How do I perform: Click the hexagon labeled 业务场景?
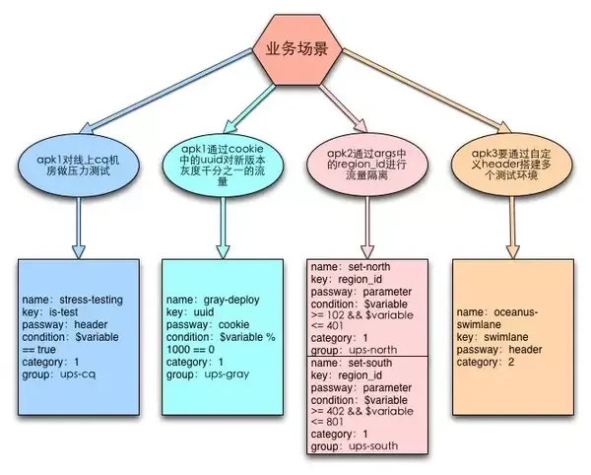pos(297,49)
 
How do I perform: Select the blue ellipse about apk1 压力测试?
pos(79,166)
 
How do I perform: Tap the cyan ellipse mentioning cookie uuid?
pos(223,166)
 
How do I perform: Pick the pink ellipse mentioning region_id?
pos(367,165)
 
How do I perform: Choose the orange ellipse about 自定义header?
pos(511,165)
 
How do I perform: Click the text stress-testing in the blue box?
pos(92,301)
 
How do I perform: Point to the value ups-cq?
pos(78,374)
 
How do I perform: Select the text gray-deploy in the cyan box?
pos(231,301)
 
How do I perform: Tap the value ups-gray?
pos(227,374)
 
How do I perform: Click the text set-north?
pos(369,267)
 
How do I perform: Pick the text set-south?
pos(370,363)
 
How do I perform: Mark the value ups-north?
pos(372,350)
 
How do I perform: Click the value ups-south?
pos(373,446)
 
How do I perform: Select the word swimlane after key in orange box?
pos(506,337)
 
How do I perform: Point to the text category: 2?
pos(486,363)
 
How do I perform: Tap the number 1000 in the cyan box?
pos(178,350)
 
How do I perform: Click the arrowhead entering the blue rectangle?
pos(79,252)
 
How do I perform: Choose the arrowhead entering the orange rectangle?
pos(512,252)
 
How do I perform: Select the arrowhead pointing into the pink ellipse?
pos(360,126)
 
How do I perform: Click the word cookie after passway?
pos(233,325)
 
